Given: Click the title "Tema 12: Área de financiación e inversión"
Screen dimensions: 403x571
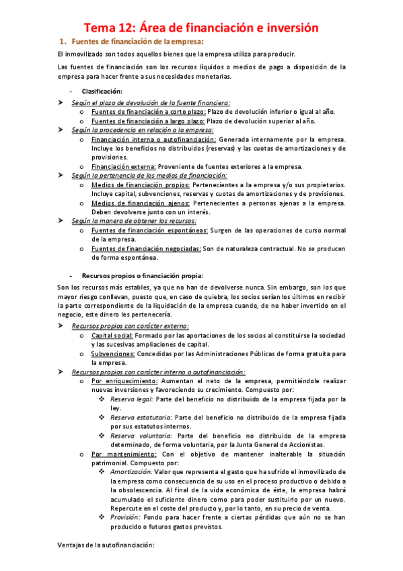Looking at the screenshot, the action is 200,28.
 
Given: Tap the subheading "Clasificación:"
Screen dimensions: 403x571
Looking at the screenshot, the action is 102,91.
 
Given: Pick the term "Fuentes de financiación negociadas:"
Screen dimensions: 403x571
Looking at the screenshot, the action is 146,248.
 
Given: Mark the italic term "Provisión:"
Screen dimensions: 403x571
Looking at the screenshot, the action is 126,517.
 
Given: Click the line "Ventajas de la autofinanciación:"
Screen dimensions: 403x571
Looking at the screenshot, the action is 106,545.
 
